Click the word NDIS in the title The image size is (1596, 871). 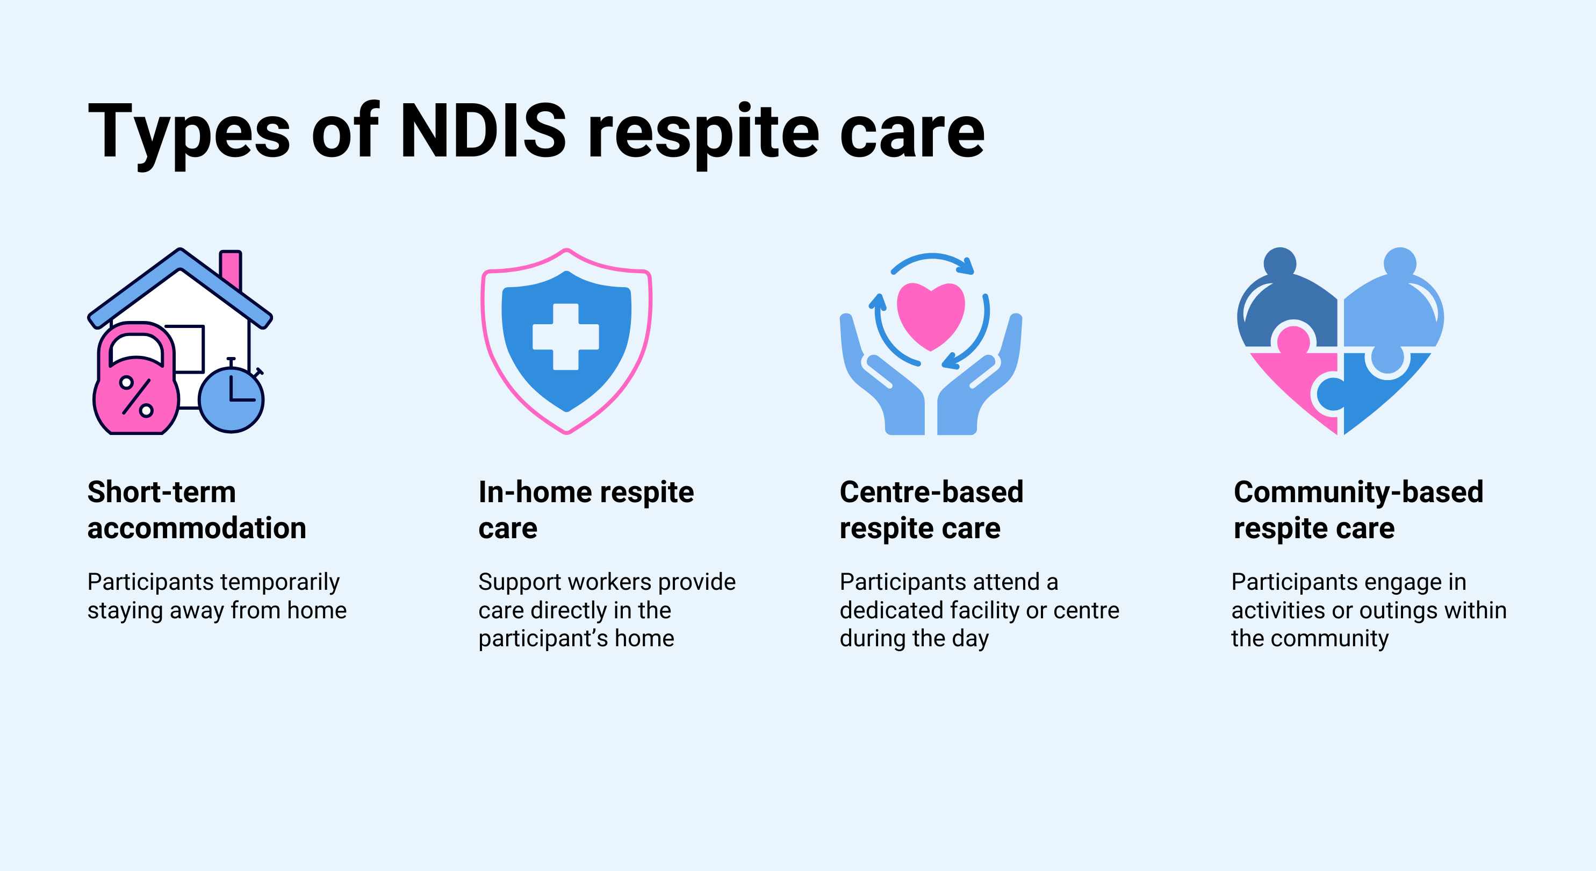point(483,131)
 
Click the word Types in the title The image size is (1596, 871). point(189,131)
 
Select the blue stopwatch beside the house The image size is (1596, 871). point(231,398)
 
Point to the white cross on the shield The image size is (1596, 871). point(566,337)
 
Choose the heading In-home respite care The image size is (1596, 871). point(586,510)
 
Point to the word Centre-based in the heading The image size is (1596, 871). point(931,492)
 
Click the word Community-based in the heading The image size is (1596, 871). point(1358,492)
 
